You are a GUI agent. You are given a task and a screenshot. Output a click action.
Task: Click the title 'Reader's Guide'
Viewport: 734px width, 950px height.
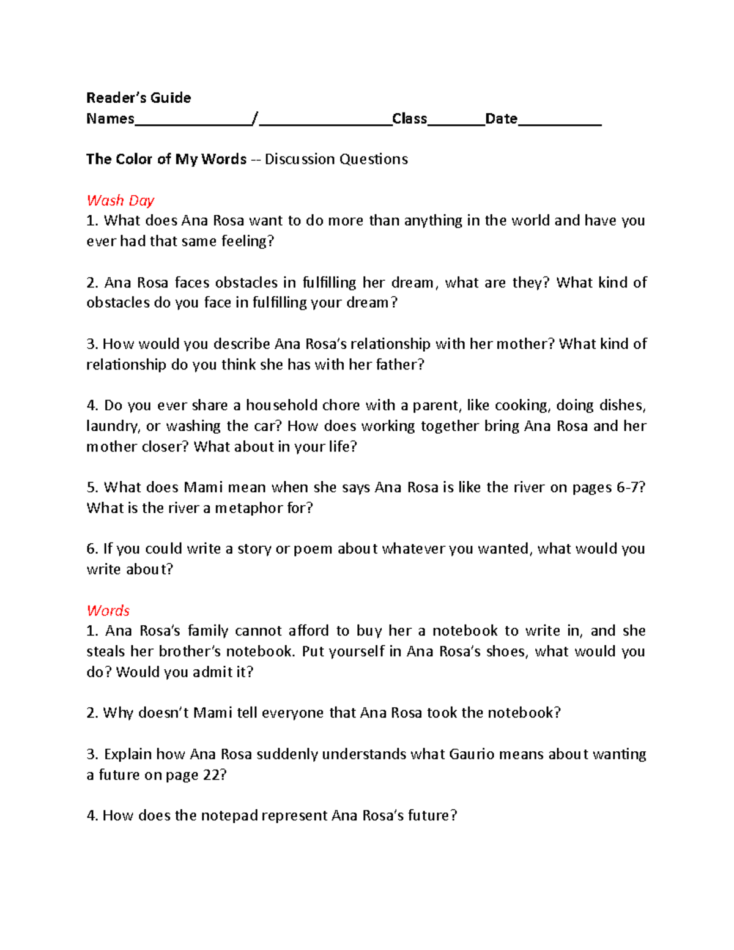138,98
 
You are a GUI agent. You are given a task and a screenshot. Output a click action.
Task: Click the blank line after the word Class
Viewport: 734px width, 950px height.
456,120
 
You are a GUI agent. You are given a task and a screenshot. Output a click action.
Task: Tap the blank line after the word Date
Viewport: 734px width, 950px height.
559,120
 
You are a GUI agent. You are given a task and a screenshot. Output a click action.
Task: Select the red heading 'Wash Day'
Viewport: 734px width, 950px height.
120,201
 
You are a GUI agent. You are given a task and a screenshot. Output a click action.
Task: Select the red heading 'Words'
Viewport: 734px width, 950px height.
108,610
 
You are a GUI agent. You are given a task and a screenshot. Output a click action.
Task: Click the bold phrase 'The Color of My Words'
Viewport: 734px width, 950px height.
166,159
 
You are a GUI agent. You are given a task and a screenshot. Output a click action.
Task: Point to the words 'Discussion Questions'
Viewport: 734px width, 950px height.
336,159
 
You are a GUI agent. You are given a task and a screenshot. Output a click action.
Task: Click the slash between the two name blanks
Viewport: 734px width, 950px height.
256,119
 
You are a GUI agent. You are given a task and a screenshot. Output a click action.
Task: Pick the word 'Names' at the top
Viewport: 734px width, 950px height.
110,119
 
